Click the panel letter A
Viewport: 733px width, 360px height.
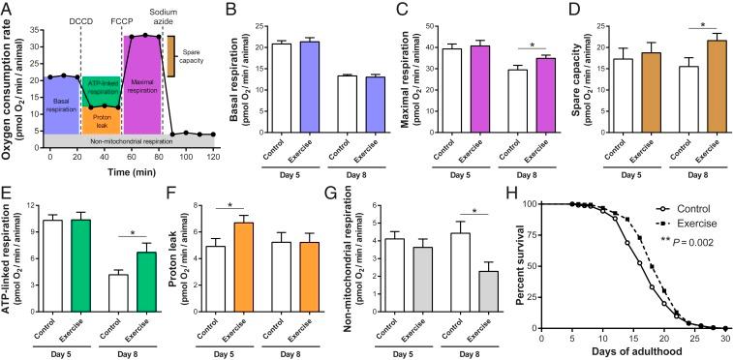(x=7, y=8)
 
